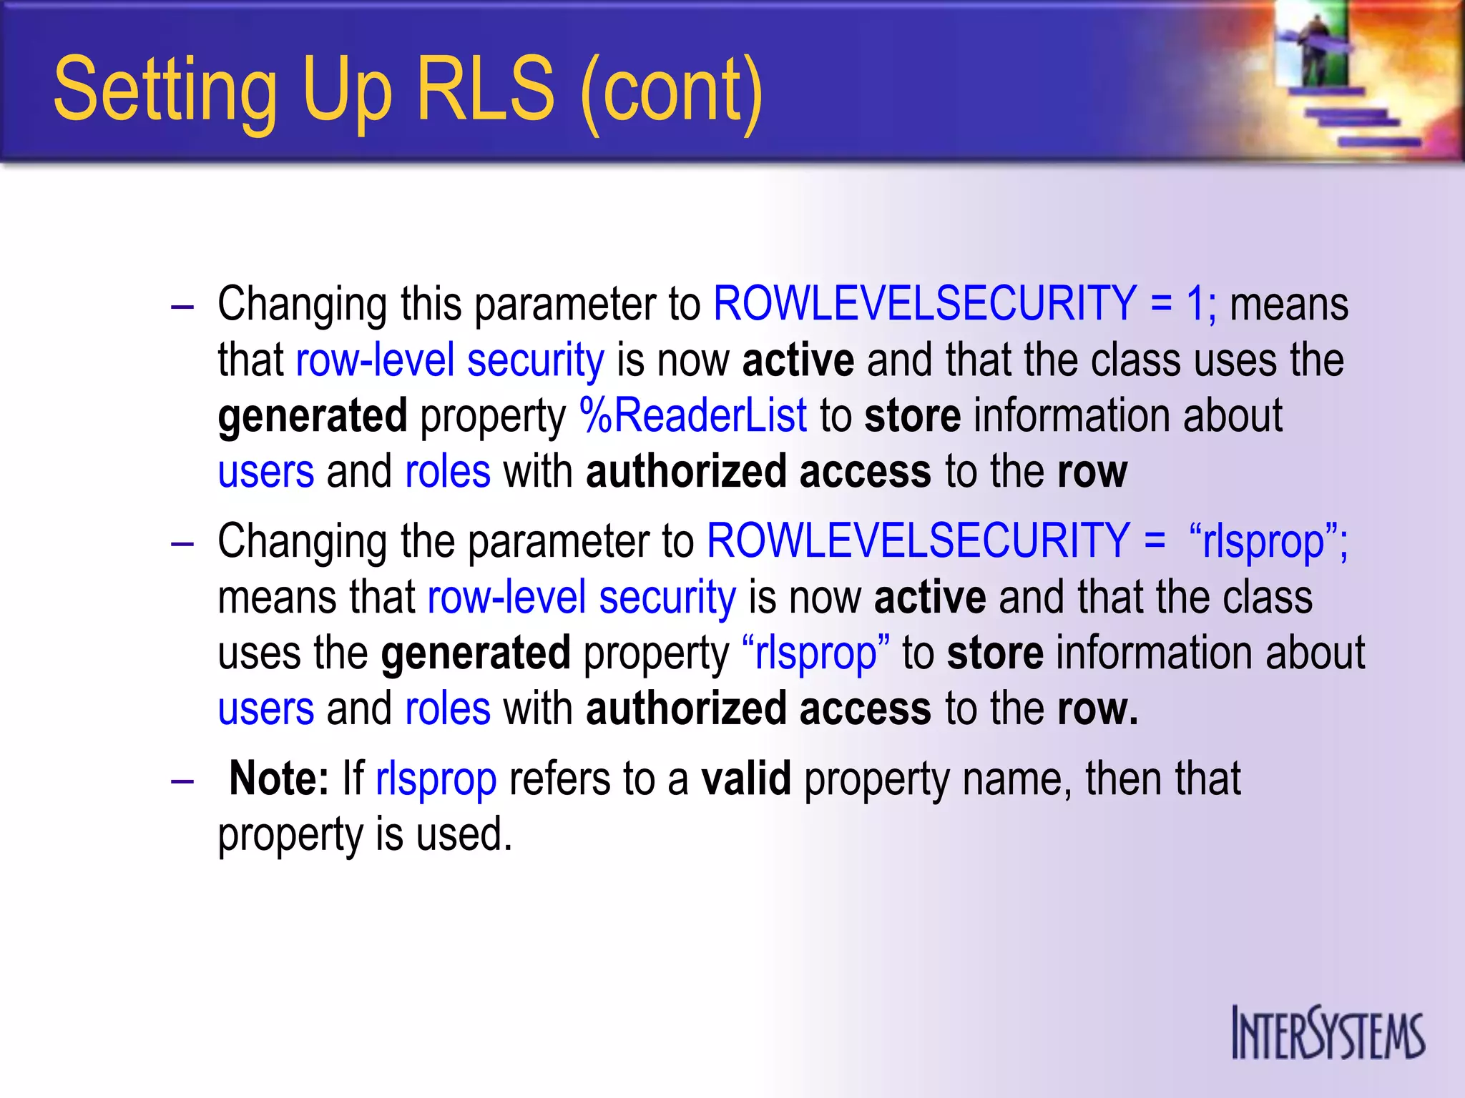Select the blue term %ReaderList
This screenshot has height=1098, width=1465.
tap(692, 415)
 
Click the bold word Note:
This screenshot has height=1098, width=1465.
tap(279, 778)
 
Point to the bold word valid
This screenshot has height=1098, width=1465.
tap(746, 778)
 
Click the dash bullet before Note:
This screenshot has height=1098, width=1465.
tap(182, 781)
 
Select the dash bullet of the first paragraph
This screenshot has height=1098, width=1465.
tap(182, 306)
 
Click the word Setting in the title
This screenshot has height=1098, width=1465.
tap(165, 91)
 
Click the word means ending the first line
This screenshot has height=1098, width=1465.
tap(1288, 305)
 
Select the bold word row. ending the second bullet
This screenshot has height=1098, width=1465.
tap(1097, 708)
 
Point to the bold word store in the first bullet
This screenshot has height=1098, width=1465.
tap(912, 416)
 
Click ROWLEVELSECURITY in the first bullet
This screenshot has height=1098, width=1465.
tap(924, 303)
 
